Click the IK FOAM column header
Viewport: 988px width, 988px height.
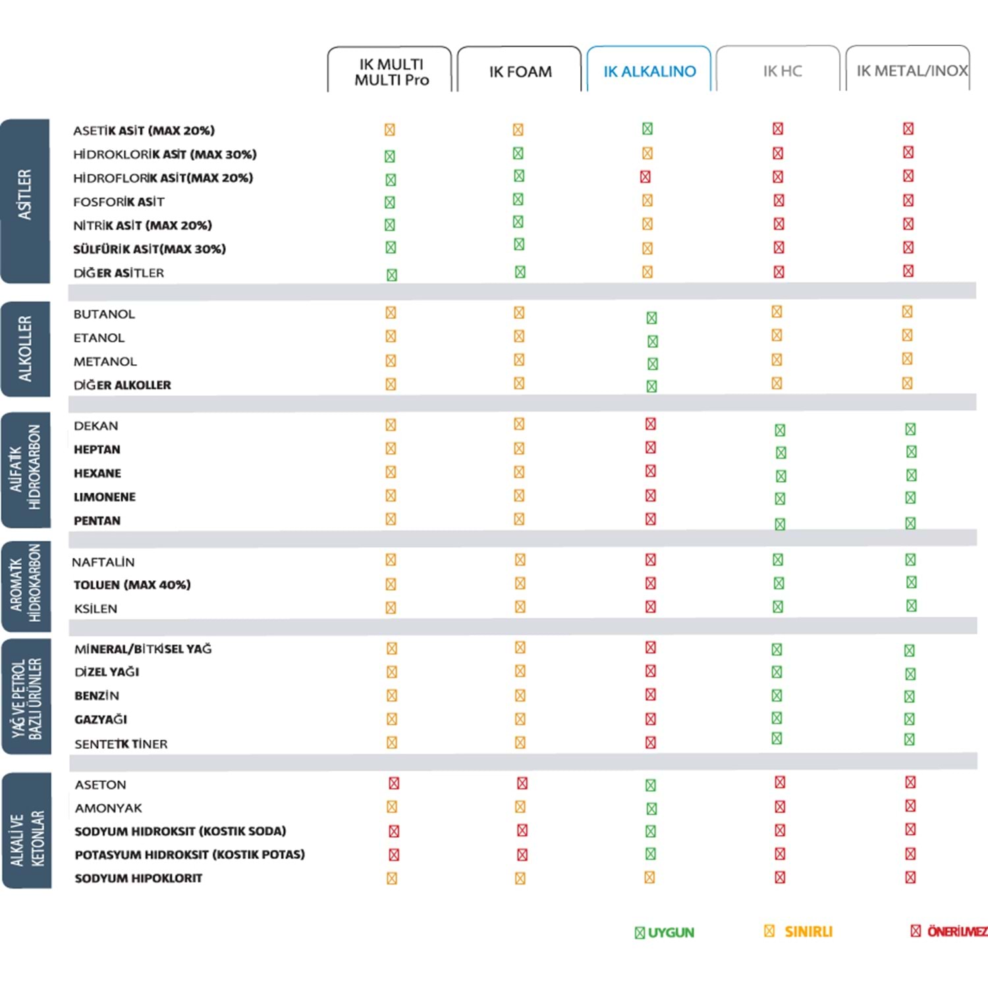520,71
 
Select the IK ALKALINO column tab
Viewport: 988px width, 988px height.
649,71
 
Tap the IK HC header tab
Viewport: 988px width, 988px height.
782,70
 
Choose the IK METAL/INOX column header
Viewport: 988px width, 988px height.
911,70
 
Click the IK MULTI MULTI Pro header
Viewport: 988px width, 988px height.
391,72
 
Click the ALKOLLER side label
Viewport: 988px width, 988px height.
25,349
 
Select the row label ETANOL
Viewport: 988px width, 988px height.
99,338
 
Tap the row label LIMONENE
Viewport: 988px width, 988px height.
105,497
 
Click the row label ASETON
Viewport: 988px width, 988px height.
100,784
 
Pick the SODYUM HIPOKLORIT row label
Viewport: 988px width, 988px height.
138,878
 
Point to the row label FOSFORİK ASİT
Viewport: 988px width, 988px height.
119,202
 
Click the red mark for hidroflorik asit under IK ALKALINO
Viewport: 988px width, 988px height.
645,177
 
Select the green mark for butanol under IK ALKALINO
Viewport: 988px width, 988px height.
651,318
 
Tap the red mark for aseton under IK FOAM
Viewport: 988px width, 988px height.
522,783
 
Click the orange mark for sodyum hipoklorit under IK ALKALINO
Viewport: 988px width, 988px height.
649,877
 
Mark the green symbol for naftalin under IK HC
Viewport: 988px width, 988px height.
778,560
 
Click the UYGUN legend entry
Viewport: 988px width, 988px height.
665,932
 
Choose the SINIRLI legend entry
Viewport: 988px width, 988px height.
799,931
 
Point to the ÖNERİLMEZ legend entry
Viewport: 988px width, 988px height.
948,931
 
